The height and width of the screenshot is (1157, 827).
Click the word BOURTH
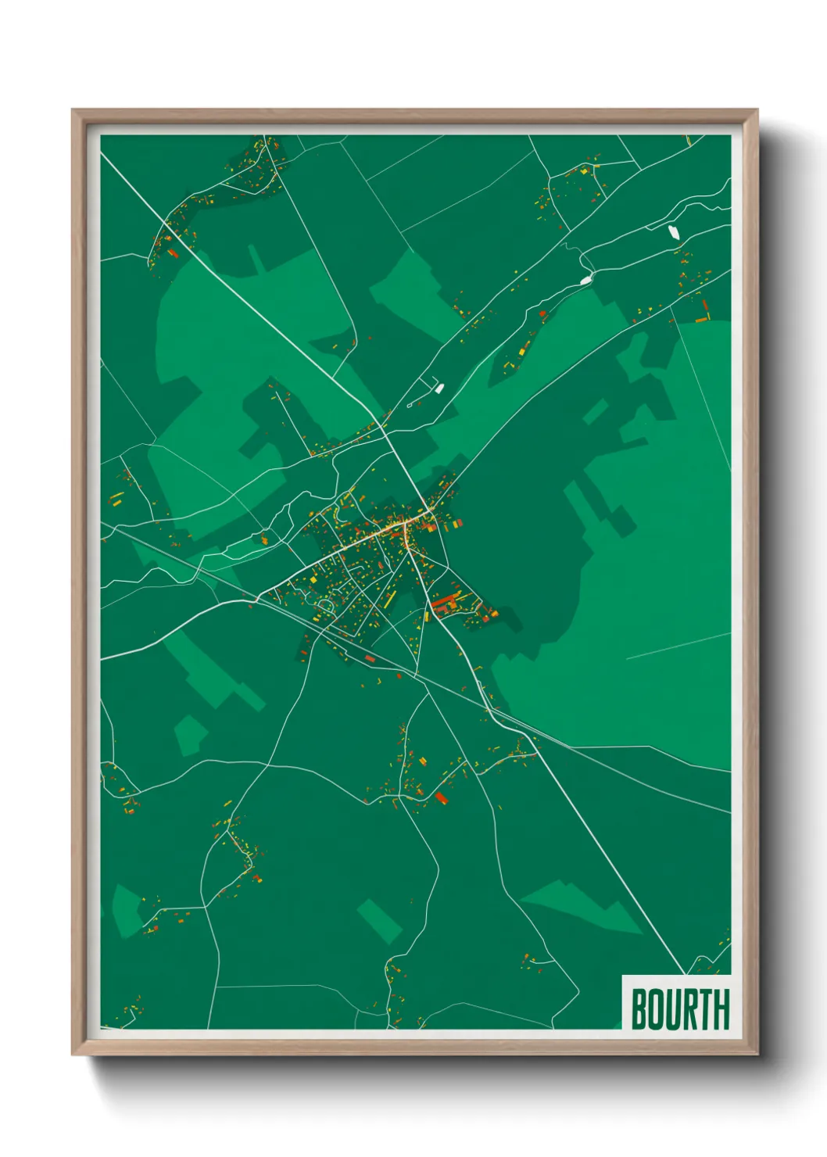[x=679, y=1008]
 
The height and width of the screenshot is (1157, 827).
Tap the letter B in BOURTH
[x=640, y=1008]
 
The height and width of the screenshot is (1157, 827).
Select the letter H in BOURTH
[x=721, y=1008]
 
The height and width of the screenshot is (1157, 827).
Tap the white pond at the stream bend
[x=585, y=279]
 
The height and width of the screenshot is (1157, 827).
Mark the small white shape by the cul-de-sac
[x=439, y=388]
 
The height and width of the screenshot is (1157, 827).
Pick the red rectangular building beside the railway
[x=370, y=659]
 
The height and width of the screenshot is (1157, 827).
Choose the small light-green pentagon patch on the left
[x=189, y=735]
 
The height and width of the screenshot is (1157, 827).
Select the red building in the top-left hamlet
[x=173, y=253]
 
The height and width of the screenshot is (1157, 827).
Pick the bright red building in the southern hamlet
[x=440, y=797]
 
